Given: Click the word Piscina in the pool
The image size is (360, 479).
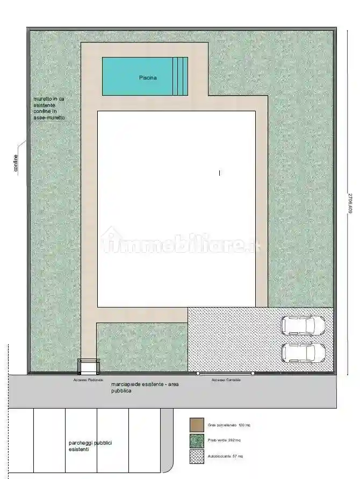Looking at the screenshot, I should [x=148, y=78].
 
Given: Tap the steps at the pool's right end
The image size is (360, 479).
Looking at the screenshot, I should [x=181, y=76].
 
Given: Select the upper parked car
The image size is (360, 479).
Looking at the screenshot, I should [x=304, y=325].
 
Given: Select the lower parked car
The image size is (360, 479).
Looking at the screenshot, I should [x=304, y=353].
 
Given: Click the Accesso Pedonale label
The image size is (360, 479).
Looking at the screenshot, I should [x=88, y=380].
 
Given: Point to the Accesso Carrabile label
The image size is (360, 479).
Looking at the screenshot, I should [x=226, y=380].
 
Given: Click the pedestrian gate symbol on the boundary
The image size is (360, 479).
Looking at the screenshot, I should [x=88, y=367].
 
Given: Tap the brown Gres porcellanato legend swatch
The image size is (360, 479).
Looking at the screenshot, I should [x=197, y=425].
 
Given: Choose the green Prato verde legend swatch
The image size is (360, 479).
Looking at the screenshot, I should [x=197, y=441].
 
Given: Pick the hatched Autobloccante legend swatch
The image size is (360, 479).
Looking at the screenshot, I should [x=197, y=456].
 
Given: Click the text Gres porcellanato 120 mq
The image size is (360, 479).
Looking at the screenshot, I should [x=229, y=425].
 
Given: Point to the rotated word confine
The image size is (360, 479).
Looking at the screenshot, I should [x=17, y=163].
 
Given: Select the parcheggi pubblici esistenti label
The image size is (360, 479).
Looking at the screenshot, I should [x=90, y=446].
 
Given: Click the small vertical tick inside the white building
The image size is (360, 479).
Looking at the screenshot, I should [x=219, y=173].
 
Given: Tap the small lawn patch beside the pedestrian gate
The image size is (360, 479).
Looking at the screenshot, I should [x=141, y=347].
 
